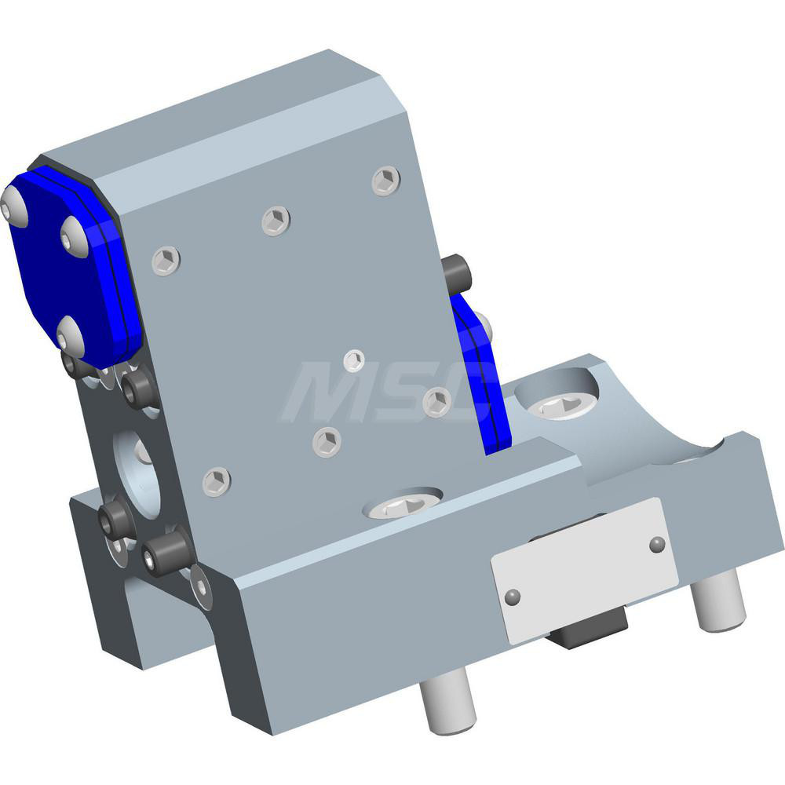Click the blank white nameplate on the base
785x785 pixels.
tap(584, 570)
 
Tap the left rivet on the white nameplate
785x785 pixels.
tap(513, 597)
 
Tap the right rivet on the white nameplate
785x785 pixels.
tap(657, 543)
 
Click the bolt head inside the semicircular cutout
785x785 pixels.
tap(561, 403)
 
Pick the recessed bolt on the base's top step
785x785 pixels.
tap(402, 506)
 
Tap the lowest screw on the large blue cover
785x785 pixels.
tap(70, 336)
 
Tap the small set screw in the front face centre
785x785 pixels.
tap(355, 361)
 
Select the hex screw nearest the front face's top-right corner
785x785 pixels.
tap(386, 181)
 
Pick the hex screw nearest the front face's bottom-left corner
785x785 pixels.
tap(217, 480)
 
